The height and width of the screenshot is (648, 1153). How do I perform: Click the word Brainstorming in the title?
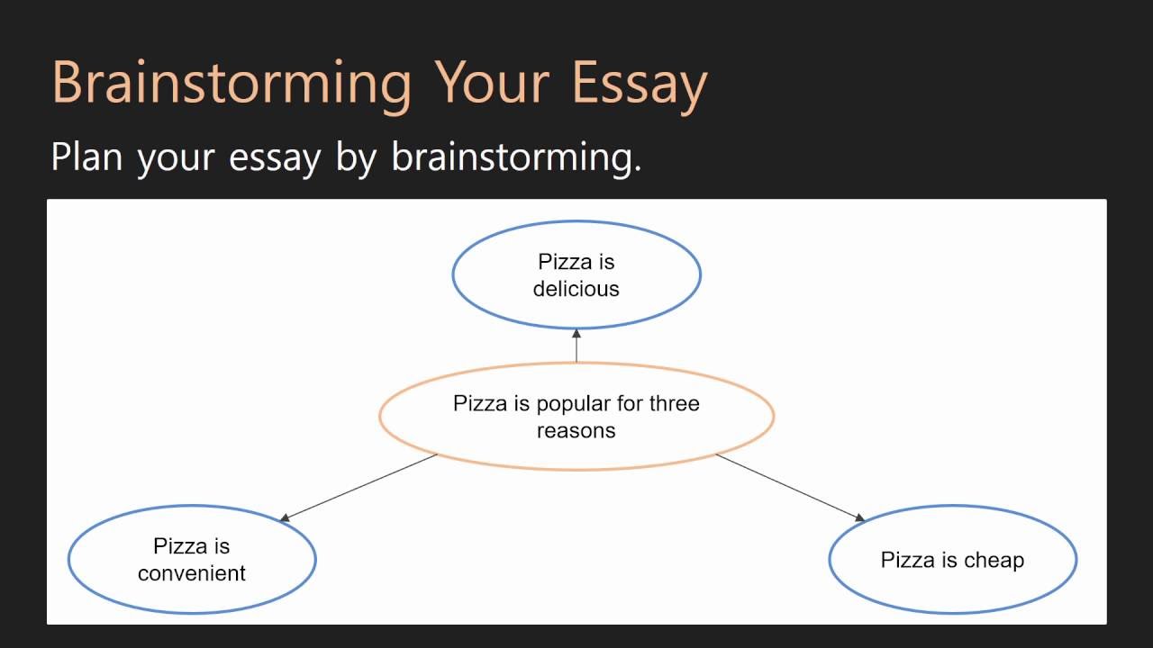(x=232, y=84)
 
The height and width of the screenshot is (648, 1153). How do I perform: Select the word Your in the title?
(x=492, y=84)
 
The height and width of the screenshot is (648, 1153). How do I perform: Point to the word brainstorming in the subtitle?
(x=515, y=157)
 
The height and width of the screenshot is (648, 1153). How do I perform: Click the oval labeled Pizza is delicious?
(x=576, y=275)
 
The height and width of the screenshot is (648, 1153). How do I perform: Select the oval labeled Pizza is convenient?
(x=192, y=559)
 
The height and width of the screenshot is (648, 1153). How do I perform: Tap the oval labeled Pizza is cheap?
(x=952, y=560)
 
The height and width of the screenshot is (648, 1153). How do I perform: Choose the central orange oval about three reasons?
(x=576, y=417)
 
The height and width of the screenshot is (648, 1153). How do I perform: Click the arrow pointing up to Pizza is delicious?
(x=576, y=346)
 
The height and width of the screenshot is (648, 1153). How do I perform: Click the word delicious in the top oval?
(x=576, y=289)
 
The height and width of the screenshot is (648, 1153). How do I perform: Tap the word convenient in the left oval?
(x=192, y=573)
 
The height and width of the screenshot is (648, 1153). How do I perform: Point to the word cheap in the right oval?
(x=994, y=561)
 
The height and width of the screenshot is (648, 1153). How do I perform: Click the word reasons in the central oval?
(x=576, y=431)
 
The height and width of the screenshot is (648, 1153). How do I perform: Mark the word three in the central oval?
(x=675, y=403)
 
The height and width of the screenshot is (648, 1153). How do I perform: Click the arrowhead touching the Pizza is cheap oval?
(x=859, y=517)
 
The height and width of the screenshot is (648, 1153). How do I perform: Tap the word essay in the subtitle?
(x=275, y=158)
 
